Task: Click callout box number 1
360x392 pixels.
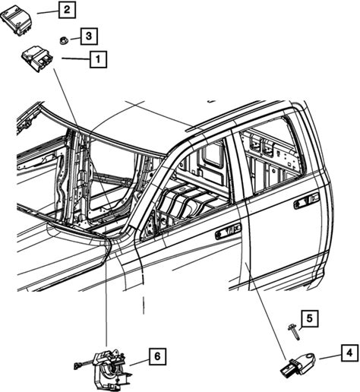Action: pos(98,59)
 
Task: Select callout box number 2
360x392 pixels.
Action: pos(67,10)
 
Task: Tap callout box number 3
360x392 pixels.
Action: pos(89,36)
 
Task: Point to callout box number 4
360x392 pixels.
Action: pos(350,352)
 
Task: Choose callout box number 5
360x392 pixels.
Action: pos(310,318)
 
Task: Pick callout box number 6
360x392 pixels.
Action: pos(157,356)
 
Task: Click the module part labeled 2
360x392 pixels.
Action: pos(16,21)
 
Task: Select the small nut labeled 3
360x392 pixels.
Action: pos(63,40)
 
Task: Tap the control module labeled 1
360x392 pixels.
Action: pos(37,59)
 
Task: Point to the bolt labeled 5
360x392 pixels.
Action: pos(294,332)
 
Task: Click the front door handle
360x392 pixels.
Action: pos(229,231)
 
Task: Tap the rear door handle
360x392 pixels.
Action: pos(307,201)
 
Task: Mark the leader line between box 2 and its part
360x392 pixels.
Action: pos(48,12)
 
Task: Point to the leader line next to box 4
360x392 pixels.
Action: pos(330,356)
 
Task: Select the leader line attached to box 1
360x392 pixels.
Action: pos(76,59)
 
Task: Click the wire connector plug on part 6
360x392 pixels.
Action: pos(77,365)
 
